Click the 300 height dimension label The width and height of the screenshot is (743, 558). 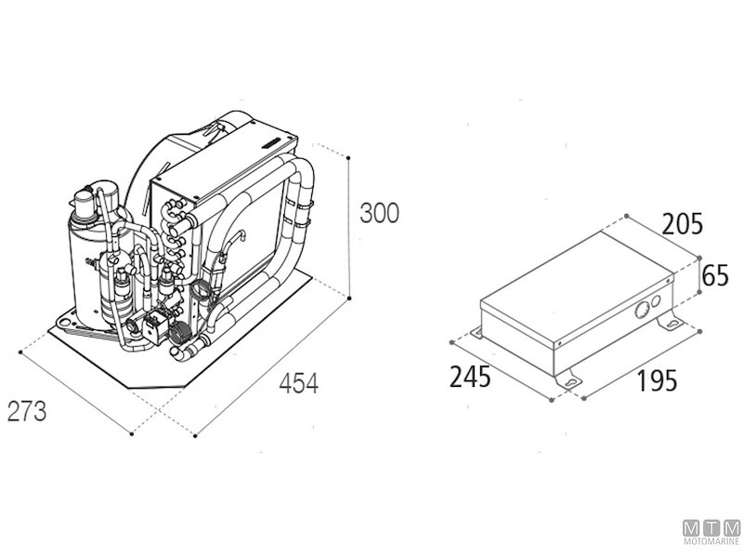[380, 213]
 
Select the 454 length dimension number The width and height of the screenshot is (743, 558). [298, 383]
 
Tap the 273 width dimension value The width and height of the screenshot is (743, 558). [27, 411]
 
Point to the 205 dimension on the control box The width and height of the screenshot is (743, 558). [683, 224]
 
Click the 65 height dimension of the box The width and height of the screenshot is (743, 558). [715, 275]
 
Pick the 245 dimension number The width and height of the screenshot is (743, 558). [470, 377]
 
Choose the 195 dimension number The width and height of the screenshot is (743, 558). [657, 380]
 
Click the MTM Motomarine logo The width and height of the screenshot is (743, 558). [711, 531]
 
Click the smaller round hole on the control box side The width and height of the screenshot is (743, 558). [656, 300]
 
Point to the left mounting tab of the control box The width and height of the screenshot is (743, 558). [476, 333]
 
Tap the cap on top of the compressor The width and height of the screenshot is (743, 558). [85, 203]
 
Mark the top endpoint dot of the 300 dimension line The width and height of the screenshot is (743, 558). [348, 157]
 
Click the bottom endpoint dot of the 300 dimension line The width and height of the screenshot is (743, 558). [349, 298]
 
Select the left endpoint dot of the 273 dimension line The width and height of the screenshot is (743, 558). [20, 352]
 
